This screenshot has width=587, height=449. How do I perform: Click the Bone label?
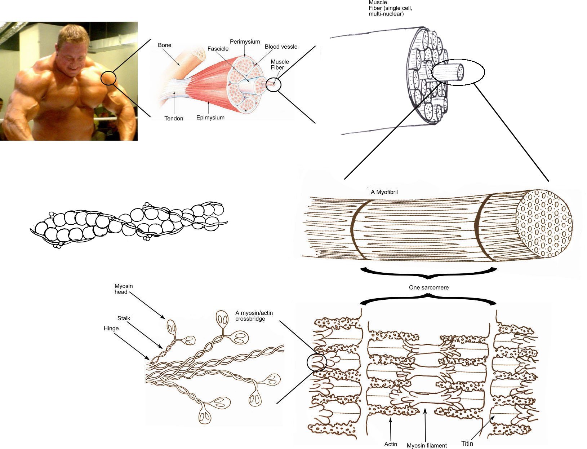(x=165, y=45)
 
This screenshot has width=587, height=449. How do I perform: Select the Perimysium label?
(x=245, y=41)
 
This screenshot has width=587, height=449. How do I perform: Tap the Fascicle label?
(x=218, y=49)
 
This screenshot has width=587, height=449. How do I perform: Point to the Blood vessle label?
(x=281, y=47)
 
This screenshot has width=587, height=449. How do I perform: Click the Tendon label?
(x=174, y=118)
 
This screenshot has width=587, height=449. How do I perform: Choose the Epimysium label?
(x=210, y=118)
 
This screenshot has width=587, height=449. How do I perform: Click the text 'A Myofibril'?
(x=384, y=192)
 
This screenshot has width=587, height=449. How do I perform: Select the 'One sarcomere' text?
(x=428, y=287)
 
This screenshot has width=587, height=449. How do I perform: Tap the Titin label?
(x=467, y=444)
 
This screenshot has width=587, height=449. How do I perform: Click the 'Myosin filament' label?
(x=427, y=445)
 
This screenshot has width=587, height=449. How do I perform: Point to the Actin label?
(x=390, y=444)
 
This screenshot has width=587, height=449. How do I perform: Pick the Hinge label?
(x=111, y=328)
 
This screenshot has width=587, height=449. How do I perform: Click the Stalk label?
(x=124, y=318)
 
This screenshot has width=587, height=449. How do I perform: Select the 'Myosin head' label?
(x=124, y=289)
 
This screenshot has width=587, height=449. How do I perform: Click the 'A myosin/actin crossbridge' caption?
(x=254, y=316)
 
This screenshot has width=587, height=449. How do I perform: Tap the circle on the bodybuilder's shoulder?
(x=108, y=78)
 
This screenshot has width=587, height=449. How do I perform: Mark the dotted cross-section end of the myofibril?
(x=544, y=224)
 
